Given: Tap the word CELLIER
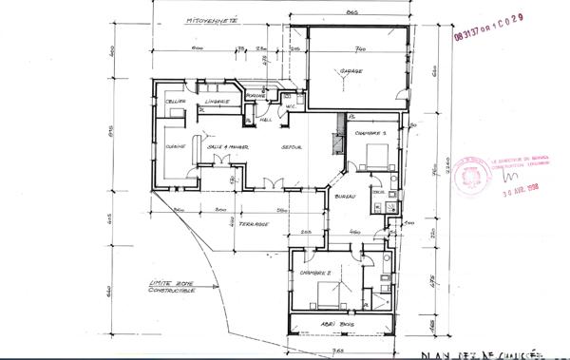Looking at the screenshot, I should [174, 102].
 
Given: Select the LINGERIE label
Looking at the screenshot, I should [218, 102].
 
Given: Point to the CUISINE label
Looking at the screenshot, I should [174, 146].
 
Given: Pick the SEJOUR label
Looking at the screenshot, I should [292, 146].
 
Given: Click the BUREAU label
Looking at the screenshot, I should [347, 196].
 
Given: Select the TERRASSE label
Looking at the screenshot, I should [254, 223].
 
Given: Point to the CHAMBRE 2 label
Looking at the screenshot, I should [314, 273].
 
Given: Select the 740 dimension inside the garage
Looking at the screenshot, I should [361, 47].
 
